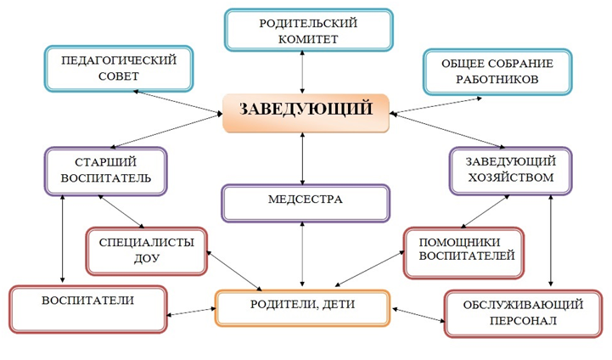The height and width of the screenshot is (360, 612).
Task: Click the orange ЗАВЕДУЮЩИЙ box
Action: (306, 111)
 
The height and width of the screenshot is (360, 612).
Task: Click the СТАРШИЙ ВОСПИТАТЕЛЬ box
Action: (106, 169)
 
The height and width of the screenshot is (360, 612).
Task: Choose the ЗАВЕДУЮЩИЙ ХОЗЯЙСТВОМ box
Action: (510, 169)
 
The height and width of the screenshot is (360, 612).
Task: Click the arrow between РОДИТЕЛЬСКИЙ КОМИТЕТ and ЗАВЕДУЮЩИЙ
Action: (303, 73)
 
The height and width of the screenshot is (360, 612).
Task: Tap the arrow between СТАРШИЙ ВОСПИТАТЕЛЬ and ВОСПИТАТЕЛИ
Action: (62, 239)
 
